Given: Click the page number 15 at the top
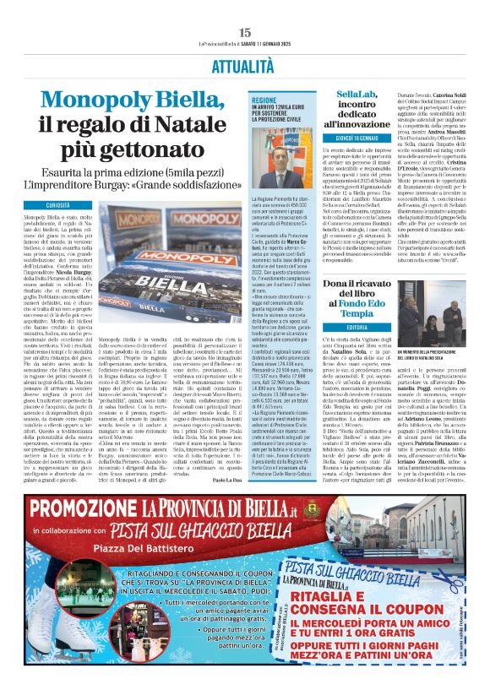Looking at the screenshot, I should tap(245, 31).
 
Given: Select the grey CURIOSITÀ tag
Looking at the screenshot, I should tap(58, 205).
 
